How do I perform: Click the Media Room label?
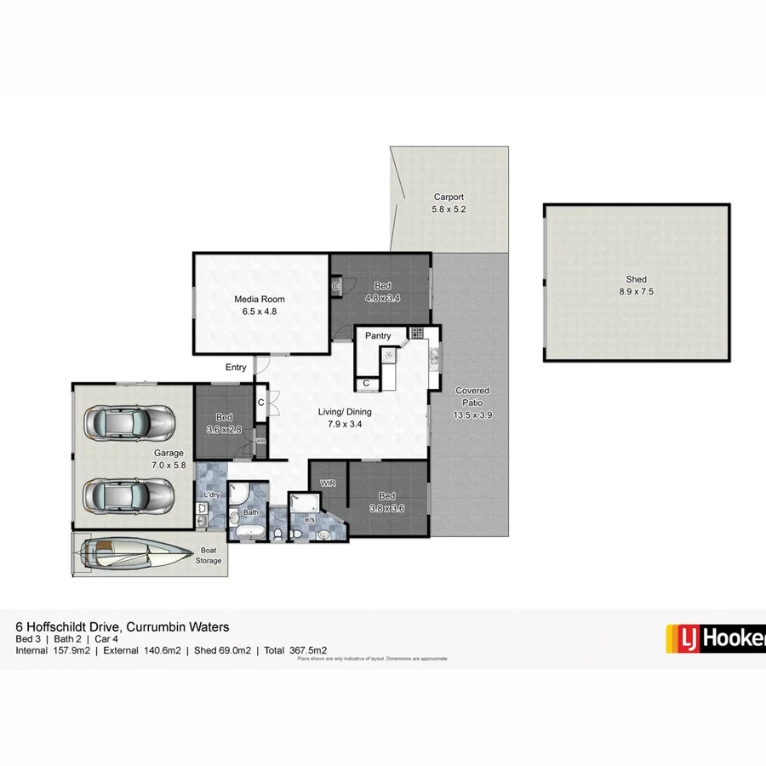[x=260, y=299]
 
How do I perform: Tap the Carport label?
[x=449, y=197]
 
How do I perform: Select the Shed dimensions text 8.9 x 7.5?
[x=636, y=291]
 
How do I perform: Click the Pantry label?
[x=378, y=336]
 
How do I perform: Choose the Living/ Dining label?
[x=345, y=412]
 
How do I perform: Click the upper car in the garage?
[x=130, y=420]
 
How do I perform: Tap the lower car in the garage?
[x=130, y=493]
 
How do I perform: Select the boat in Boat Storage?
[x=136, y=553]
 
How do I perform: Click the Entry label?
[x=236, y=368]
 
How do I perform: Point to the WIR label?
[x=328, y=483]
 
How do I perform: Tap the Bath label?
[x=250, y=512]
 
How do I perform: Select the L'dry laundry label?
[x=210, y=494]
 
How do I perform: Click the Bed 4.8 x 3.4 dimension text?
[x=383, y=298]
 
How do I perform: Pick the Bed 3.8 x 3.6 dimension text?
[x=386, y=508]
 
